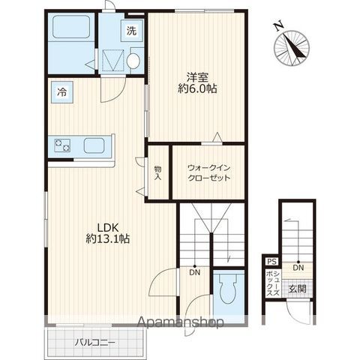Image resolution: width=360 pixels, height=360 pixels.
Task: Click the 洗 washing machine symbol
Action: pos(132,31)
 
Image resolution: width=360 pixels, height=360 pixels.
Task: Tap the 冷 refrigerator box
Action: pos(62,92)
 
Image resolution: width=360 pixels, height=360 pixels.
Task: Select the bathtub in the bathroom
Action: pos(71,27)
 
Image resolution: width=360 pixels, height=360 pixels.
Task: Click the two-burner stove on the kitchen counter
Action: pos(62,145)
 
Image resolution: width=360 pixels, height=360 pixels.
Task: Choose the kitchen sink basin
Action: pos(94,145)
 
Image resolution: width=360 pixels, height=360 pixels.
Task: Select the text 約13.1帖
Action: pos(107,239)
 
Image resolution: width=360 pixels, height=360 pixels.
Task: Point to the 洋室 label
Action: pos(197,77)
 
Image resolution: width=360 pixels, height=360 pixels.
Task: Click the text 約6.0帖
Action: pos(197,88)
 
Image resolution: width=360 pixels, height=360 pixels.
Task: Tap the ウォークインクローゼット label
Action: pos(208,172)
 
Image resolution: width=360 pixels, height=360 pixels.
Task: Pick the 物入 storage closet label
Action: pos(157,172)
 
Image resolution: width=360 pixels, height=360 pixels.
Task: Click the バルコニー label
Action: pos(95,342)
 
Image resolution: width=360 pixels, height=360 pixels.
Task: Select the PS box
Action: pos(272,262)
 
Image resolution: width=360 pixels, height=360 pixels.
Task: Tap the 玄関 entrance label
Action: pos(298,289)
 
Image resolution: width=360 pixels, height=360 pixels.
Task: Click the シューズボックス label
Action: pos(273,283)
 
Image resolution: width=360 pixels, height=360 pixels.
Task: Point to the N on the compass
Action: pos(278,25)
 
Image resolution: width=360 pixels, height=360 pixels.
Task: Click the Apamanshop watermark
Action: pos(181,322)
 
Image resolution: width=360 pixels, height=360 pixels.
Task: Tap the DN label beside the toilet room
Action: pos(195,272)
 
